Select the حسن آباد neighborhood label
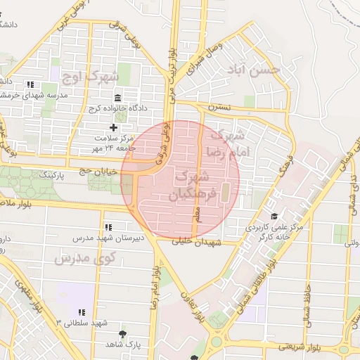[x=252, y=70]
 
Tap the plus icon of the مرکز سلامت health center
[x=114, y=127]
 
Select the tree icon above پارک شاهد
[x=124, y=333]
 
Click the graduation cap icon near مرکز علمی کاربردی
[x=274, y=217]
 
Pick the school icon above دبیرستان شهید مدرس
[x=108, y=227]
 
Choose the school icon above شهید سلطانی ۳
[x=82, y=311]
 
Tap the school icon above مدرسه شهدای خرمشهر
[x=30, y=84]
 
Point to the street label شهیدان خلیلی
[x=219, y=242]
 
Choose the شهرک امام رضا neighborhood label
[x=226, y=141]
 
